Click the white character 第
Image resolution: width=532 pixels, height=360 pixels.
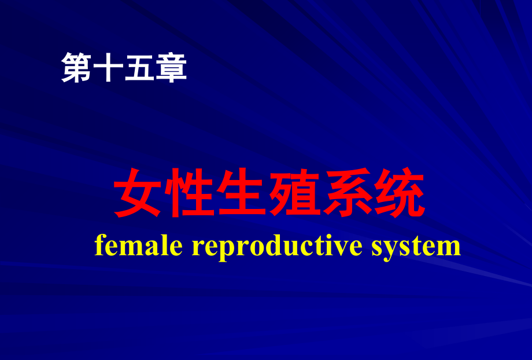[77, 67]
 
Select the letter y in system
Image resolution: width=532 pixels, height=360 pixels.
[393, 249]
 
